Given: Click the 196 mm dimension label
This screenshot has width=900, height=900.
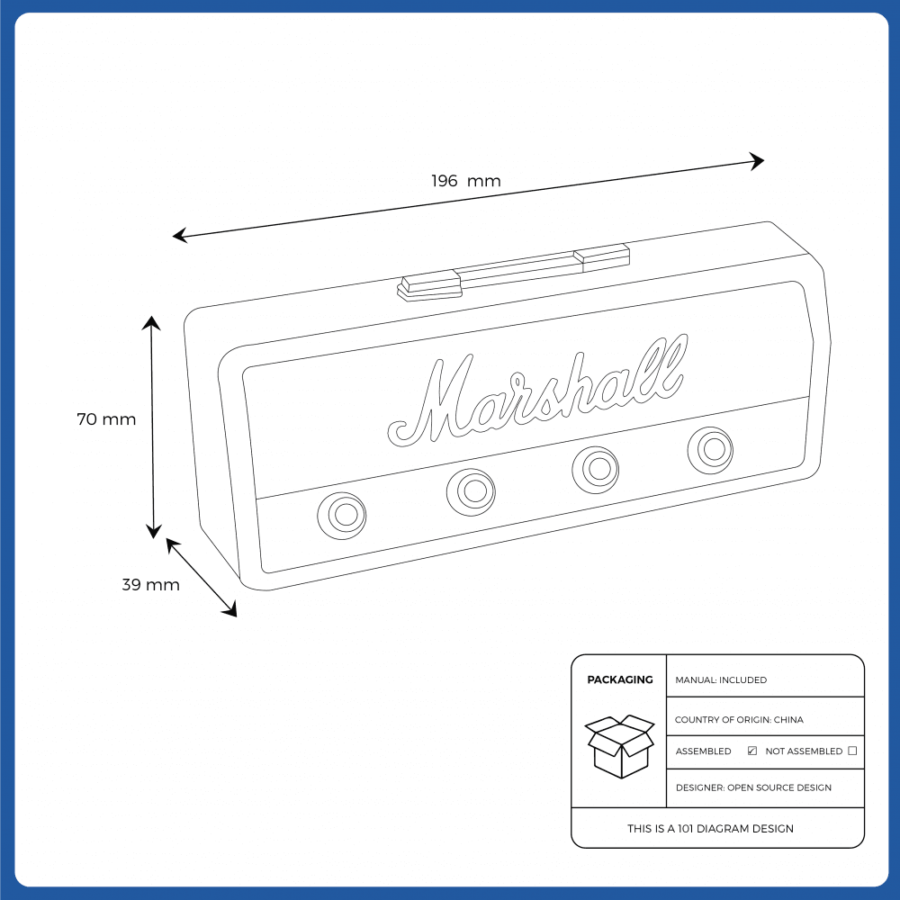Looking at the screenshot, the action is click(465, 181).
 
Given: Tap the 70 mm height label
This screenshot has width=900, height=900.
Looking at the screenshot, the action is click(106, 419).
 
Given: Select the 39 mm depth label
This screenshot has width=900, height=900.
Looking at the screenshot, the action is click(151, 584).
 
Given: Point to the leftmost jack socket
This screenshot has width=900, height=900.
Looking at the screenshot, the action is click(341, 515).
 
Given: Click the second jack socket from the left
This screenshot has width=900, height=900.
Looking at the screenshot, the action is click(472, 492).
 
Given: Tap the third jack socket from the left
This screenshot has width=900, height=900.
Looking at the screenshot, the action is click(596, 470).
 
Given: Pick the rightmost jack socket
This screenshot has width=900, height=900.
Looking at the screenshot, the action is click(711, 450).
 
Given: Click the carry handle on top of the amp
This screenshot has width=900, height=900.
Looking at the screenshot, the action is click(513, 272).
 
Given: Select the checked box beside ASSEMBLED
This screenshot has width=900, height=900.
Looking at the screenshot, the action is click(751, 751).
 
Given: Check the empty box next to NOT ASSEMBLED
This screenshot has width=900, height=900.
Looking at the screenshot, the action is click(852, 751).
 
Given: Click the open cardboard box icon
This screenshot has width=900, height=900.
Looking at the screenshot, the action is click(619, 746).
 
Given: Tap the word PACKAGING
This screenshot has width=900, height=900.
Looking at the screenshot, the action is click(620, 679).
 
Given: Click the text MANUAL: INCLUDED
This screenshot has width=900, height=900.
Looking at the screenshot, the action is click(721, 680).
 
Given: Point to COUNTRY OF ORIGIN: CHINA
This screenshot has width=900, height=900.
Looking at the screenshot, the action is click(739, 720).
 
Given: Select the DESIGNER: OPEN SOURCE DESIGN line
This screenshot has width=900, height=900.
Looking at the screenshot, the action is click(753, 787).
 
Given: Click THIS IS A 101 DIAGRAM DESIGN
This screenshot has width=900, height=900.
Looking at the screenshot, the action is click(711, 829).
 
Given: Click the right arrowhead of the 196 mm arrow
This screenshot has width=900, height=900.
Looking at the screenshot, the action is click(758, 161).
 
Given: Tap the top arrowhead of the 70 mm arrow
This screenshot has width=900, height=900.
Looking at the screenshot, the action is click(151, 322).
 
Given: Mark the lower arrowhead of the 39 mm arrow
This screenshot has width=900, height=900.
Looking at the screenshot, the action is click(230, 610).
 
